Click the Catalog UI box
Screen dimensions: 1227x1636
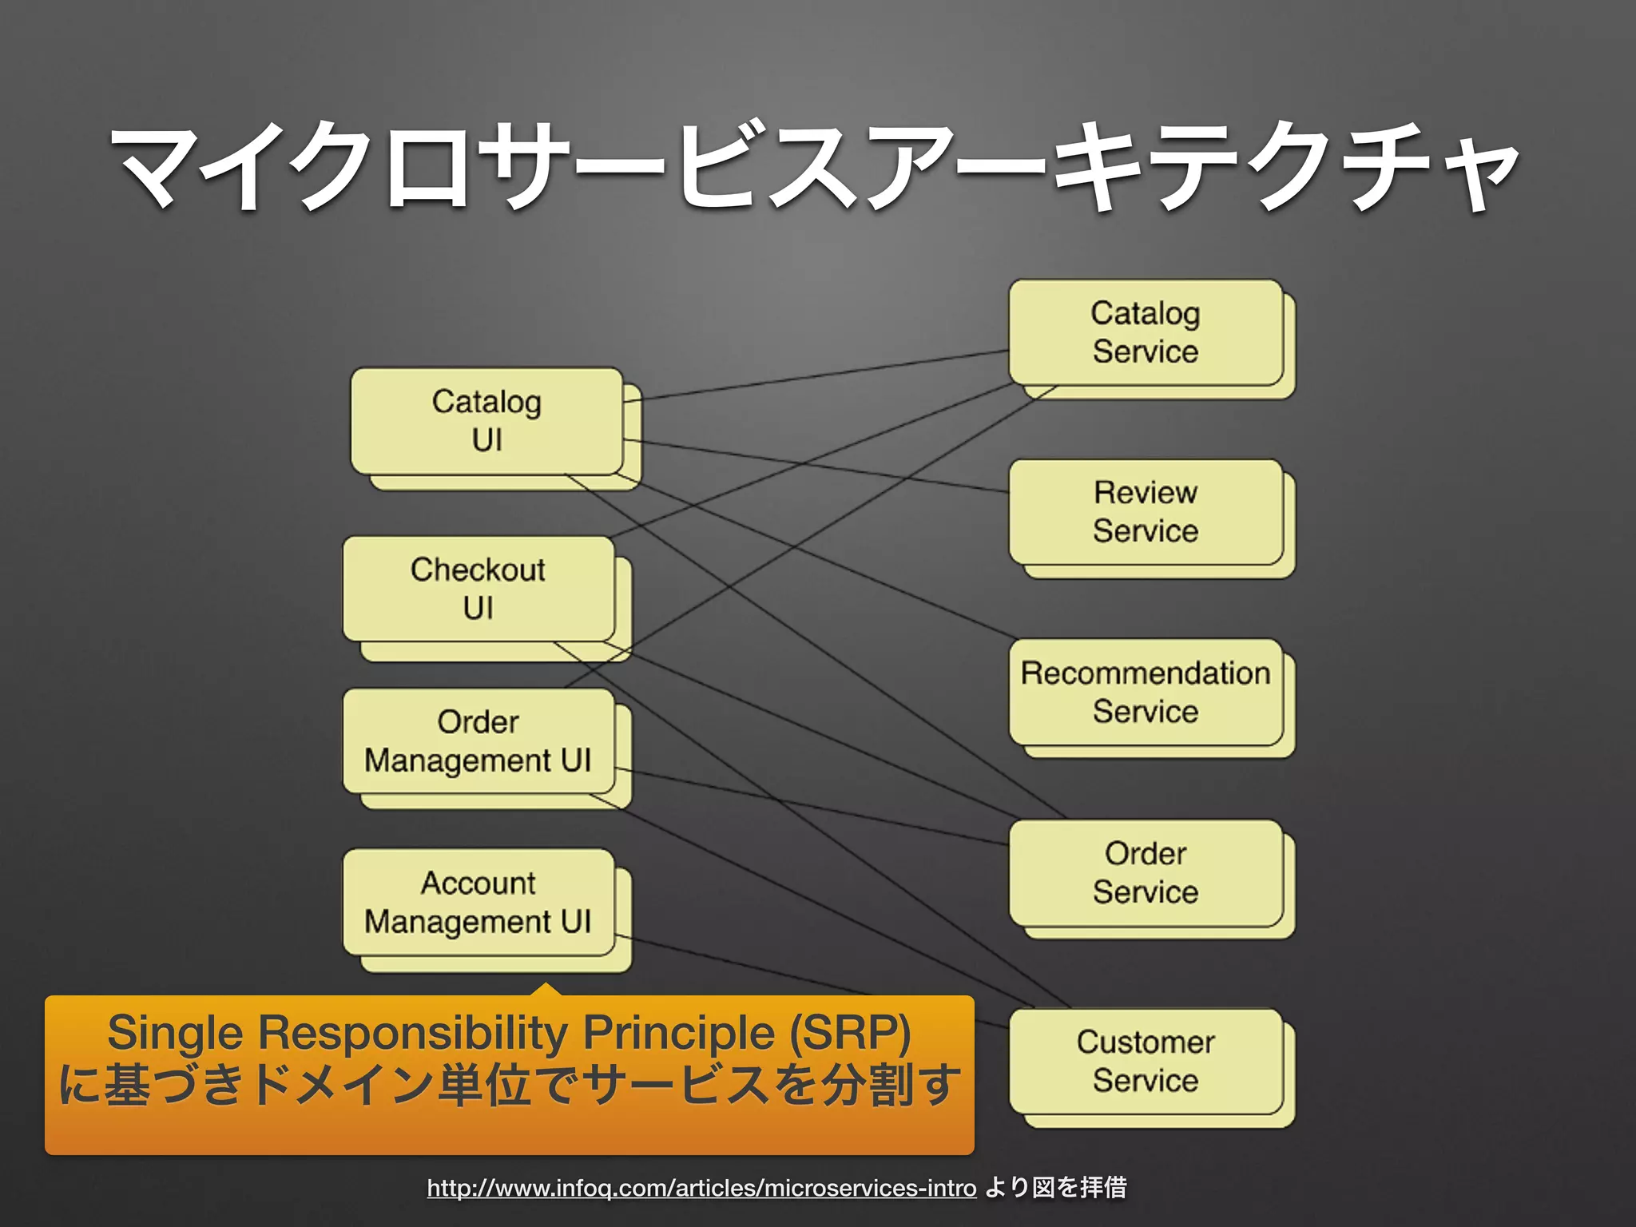486,421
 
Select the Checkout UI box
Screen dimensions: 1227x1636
478,589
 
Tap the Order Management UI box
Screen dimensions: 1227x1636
478,741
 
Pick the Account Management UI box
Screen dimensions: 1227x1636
478,902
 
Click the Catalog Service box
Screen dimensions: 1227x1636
1146,332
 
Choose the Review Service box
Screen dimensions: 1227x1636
1146,512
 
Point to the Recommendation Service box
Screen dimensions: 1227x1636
1146,692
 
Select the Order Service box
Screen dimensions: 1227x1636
1146,872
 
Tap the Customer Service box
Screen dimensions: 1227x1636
1146,1061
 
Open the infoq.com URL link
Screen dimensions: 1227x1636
701,1188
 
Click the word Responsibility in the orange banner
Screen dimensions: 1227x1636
413,1032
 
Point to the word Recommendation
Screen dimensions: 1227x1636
1146,673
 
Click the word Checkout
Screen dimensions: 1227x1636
478,570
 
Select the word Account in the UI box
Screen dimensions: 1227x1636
478,883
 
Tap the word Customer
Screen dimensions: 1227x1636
1146,1042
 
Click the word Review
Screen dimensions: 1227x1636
1146,492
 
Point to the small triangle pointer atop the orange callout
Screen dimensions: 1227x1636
546,990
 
